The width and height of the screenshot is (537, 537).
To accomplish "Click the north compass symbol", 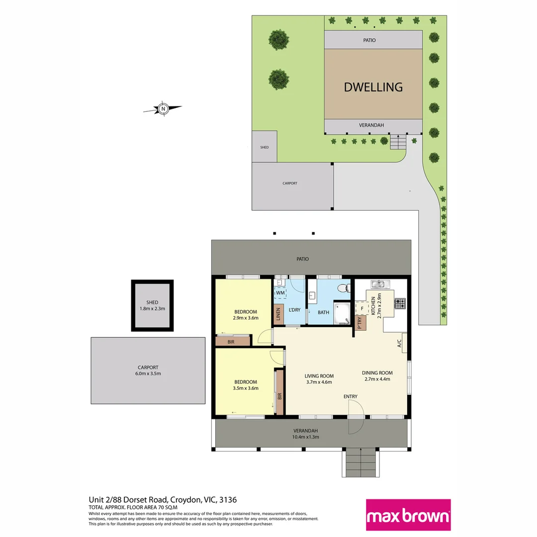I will point(163,108).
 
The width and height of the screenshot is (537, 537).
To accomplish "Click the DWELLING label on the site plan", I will point(373,87).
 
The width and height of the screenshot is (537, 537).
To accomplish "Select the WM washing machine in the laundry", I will point(280,293).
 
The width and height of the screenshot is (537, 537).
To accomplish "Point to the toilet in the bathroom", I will point(342,288).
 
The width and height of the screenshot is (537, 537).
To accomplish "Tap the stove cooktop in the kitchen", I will point(400,303).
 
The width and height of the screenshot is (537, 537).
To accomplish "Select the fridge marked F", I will point(362,308).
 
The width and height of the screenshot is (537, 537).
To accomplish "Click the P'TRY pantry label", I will point(360,324).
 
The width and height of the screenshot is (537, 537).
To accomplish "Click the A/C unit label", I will point(399,343).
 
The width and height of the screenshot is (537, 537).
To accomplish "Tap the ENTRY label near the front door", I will point(350,396).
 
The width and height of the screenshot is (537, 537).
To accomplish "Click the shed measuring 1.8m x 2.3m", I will point(152,305).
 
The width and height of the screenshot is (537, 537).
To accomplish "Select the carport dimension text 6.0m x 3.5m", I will point(149,374).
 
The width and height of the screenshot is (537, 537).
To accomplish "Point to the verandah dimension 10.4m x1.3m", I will point(306,437).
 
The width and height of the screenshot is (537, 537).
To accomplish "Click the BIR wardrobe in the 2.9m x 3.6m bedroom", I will point(231,342).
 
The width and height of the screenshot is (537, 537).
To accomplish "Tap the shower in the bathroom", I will point(342,313).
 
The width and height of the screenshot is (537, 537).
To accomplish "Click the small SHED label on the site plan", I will point(265,147).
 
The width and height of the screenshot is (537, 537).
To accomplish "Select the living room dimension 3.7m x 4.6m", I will point(319,382).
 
